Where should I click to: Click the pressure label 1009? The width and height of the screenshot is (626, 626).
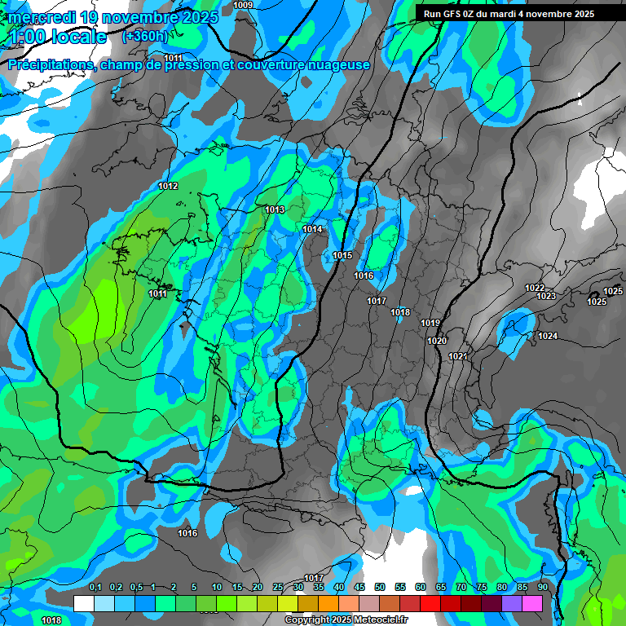pyautogui.click(x=243, y=6)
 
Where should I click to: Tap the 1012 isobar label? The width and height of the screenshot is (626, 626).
pyautogui.click(x=169, y=187)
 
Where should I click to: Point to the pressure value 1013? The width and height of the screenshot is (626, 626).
pyautogui.click(x=275, y=210)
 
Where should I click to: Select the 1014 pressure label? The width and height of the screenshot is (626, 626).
pyautogui.click(x=312, y=230)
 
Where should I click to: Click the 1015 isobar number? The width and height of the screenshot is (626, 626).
pyautogui.click(x=342, y=256)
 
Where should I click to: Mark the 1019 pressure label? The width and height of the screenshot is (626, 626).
pyautogui.click(x=430, y=324)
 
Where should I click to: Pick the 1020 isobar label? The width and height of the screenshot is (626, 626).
pyautogui.click(x=437, y=341)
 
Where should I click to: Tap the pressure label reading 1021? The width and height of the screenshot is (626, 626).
pyautogui.click(x=457, y=357)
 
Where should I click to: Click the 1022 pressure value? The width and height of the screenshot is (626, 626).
pyautogui.click(x=535, y=288)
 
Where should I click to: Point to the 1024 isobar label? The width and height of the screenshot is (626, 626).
pyautogui.click(x=548, y=337)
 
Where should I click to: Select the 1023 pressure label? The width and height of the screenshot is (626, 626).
pyautogui.click(x=546, y=296)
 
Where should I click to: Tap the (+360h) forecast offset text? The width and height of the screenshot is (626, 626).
pyautogui.click(x=145, y=36)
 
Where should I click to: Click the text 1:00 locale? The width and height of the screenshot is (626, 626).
pyautogui.click(x=57, y=37)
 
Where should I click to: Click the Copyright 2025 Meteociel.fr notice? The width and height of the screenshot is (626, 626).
pyautogui.click(x=346, y=620)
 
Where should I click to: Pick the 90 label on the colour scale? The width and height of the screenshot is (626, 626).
pyautogui.click(x=542, y=587)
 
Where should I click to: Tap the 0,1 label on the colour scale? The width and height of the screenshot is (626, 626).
pyautogui.click(x=95, y=587)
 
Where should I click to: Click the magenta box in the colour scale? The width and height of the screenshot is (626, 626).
pyautogui.click(x=533, y=603)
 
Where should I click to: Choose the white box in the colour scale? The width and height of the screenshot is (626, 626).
pyautogui.click(x=83, y=603)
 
